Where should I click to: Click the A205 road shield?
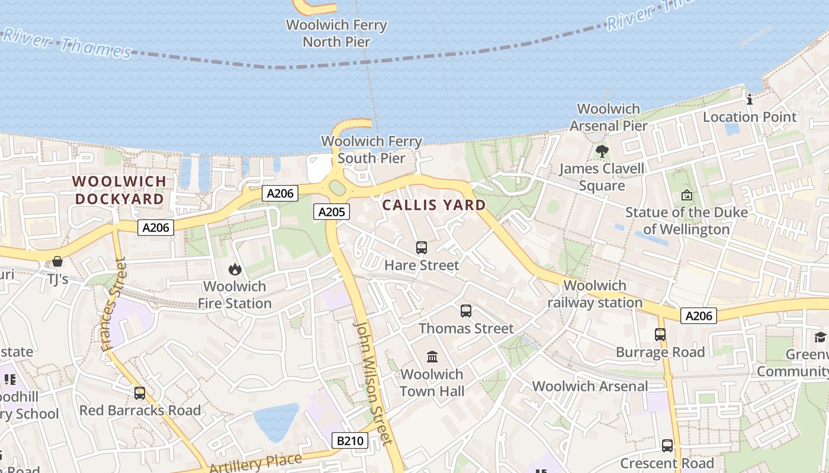click(332, 212)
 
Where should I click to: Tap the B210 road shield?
click(350, 440)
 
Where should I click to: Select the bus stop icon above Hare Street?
click(422, 248)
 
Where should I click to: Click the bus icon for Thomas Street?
click(466, 311)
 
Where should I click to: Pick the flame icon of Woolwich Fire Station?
click(235, 270)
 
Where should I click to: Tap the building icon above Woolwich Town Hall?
click(432, 357)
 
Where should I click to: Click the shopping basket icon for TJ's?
click(57, 261)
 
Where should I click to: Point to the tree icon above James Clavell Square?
click(602, 151)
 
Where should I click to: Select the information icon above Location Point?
click(750, 99)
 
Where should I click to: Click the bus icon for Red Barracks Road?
click(140, 393)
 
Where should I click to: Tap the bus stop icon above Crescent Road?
click(667, 446)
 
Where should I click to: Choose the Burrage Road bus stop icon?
click(660, 335)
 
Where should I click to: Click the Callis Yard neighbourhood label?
click(434, 205)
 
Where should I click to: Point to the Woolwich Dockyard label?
click(119, 190)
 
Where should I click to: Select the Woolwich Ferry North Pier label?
click(336, 34)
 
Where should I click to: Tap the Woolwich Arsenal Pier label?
click(609, 117)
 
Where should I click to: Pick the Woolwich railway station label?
click(595, 294)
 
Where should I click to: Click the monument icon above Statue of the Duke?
click(686, 195)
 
